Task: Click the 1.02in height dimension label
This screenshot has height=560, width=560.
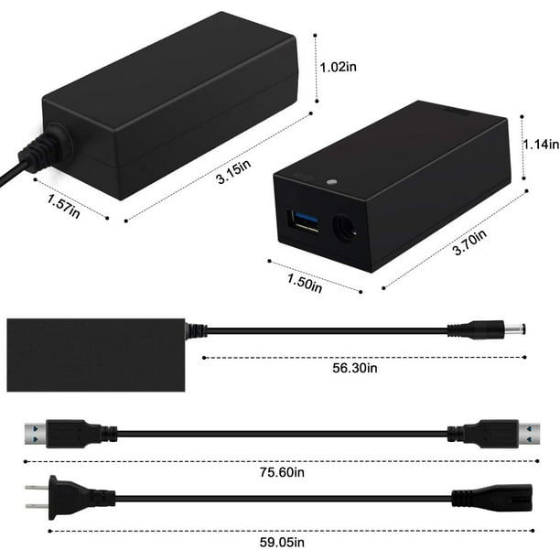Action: click(338, 67)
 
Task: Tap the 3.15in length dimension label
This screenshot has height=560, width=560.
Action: click(233, 171)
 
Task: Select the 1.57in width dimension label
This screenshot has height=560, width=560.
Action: click(63, 206)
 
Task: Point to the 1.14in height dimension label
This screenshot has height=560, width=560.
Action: click(541, 144)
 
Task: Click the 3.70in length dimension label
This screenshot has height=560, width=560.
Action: click(469, 242)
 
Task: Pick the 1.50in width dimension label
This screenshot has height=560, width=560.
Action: click(305, 284)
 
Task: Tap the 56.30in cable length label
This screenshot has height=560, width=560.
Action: click(355, 368)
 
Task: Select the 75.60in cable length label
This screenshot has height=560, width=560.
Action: click(282, 472)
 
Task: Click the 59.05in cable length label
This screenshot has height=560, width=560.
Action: click(282, 542)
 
